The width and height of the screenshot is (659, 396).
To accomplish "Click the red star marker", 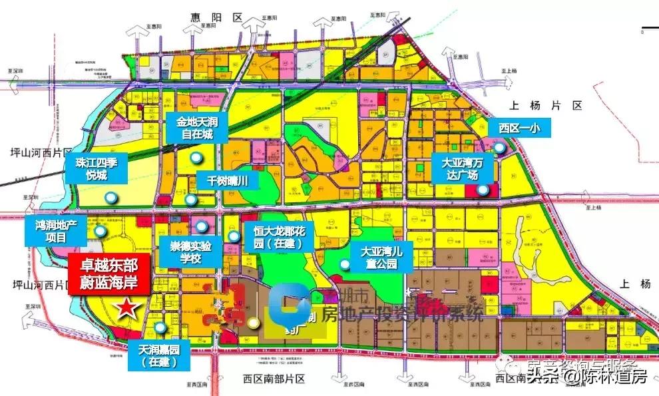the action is coord(127,308).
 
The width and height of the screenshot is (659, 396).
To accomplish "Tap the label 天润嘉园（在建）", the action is coord(160,355).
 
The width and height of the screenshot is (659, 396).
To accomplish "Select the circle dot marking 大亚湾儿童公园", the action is coord(344,265).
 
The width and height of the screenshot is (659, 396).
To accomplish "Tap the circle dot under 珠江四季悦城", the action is coord(111,197).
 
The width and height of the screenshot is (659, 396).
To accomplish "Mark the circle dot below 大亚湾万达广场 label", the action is coord(484,190).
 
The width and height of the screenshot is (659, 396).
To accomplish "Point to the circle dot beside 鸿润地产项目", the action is coord(100,231).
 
